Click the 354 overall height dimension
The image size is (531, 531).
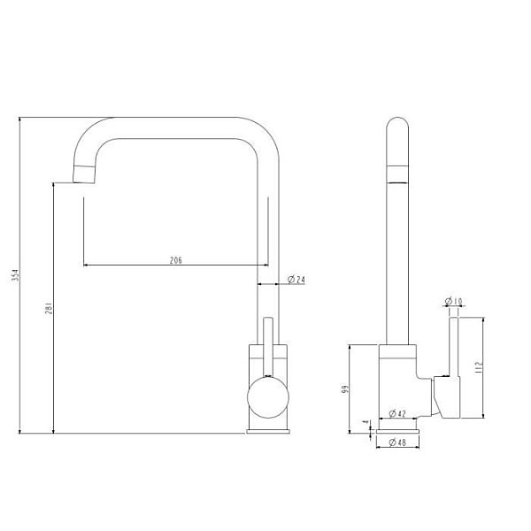[x=16, y=275]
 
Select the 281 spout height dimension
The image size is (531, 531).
[x=49, y=308]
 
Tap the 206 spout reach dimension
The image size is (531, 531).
[x=176, y=260]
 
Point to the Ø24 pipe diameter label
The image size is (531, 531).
[x=296, y=280]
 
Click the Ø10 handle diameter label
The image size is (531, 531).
[x=453, y=301]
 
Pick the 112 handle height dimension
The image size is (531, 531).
[x=479, y=367]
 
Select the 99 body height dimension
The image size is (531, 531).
[x=345, y=389]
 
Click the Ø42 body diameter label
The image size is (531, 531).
[x=397, y=413]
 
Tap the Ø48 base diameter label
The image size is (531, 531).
[x=397, y=442]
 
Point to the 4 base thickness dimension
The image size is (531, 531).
[x=365, y=422]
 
